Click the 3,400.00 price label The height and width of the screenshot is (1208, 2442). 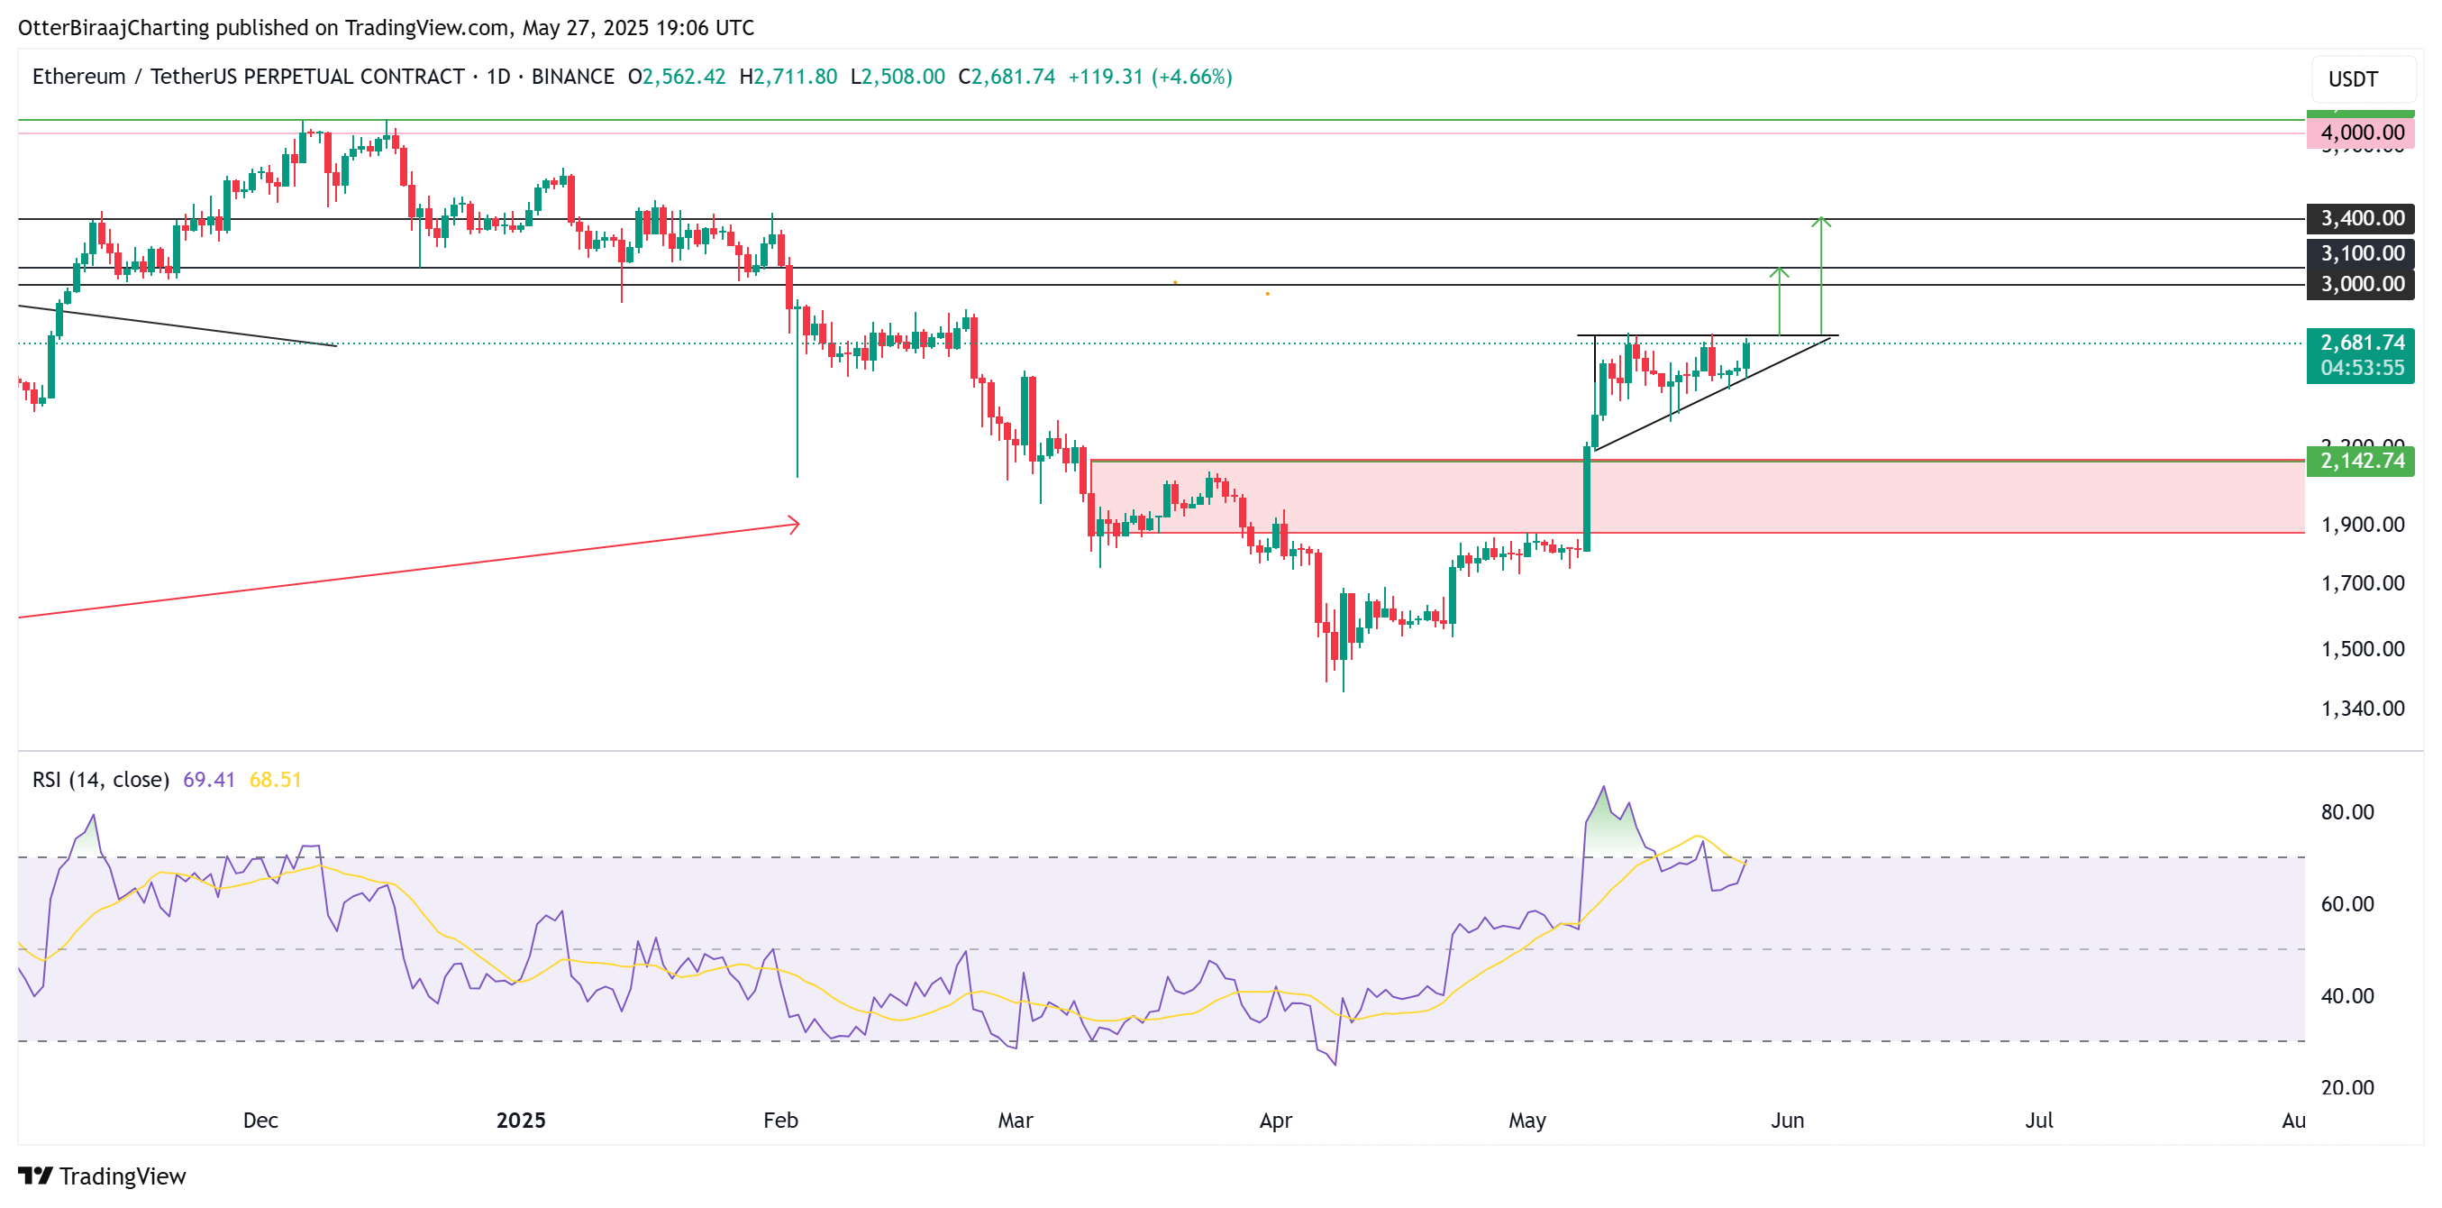[2361, 218]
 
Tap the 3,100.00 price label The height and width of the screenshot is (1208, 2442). [2361, 253]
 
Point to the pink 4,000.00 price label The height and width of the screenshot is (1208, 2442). [2361, 133]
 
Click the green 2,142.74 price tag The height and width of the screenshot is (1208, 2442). [2361, 461]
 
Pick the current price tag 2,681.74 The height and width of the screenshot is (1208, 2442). [2361, 343]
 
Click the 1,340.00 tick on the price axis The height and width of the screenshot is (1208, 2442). [2362, 709]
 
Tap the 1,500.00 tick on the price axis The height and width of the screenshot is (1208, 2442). [2362, 648]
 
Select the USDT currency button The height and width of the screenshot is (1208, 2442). [2353, 78]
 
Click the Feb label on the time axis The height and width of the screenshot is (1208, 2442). [780, 1120]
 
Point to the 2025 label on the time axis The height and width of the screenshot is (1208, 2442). [521, 1120]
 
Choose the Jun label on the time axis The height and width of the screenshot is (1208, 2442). [1787, 1120]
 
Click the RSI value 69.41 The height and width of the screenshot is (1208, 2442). [208, 780]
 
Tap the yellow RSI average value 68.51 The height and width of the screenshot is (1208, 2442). [275, 780]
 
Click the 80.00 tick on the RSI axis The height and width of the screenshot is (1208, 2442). [2346, 811]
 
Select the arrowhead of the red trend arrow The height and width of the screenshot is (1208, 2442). [795, 525]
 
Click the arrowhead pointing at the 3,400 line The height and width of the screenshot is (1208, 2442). [1820, 222]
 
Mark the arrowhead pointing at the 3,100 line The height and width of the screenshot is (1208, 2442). [1780, 273]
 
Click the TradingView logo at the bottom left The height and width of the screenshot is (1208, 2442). [103, 1176]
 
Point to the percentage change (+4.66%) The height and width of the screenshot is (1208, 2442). [1191, 77]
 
